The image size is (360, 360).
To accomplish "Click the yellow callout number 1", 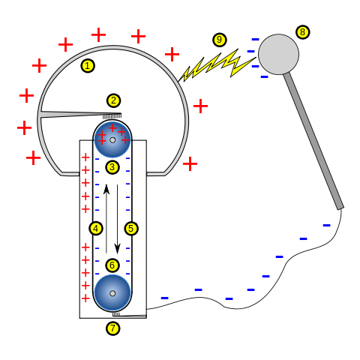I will coord(88,66).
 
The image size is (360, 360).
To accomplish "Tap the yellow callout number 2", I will coord(113,100).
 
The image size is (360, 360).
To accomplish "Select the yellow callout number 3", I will coord(112,167).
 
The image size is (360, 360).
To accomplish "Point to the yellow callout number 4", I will coord(96,228).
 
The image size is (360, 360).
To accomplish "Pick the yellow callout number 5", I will coord(131,228).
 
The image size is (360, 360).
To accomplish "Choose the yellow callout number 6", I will coord(112,265).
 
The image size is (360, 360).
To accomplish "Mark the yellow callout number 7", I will coord(112,328).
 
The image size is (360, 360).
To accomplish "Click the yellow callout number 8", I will coord(302,32).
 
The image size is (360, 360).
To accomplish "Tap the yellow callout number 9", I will coord(219,40).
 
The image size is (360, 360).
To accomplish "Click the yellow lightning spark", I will coord(217,65).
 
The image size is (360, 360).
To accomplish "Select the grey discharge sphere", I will coord(278,54).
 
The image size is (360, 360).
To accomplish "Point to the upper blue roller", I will coord(112,139).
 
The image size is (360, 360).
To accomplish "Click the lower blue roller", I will coord(112,293).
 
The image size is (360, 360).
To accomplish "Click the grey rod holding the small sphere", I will coord(313,142).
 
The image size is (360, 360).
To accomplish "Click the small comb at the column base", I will coord(116,314).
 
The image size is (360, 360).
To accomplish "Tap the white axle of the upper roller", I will coord(112,139).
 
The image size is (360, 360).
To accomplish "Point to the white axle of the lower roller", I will coord(112,293).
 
